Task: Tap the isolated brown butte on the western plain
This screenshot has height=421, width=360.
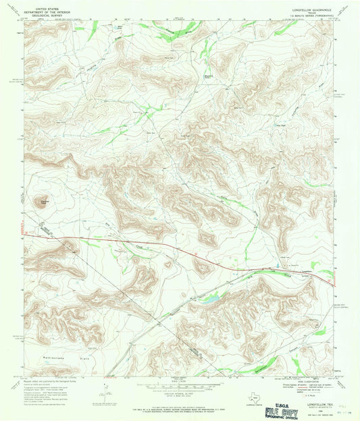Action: click(x=45, y=201)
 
